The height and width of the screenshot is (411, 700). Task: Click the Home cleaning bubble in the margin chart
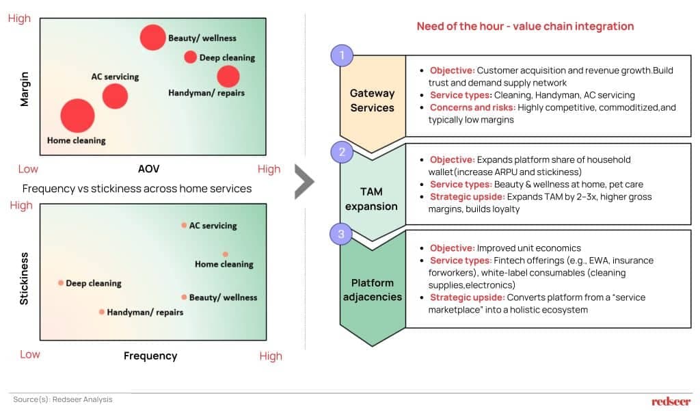click(77, 116)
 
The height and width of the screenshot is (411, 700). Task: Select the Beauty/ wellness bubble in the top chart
click(152, 37)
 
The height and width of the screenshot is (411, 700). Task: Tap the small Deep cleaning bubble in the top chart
click(190, 57)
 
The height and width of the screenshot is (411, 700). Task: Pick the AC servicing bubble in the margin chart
click(115, 96)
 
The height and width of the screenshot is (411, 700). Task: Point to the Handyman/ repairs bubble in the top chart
click(228, 77)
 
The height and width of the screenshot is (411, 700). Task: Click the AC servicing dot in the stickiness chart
click(184, 225)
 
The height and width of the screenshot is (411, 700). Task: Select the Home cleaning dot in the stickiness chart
click(225, 254)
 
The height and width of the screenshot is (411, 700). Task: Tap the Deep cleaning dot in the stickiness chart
click(61, 282)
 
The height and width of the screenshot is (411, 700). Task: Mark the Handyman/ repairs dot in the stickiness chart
click(102, 312)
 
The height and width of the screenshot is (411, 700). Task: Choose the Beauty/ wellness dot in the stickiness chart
click(184, 297)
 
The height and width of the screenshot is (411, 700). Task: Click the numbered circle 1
click(342, 55)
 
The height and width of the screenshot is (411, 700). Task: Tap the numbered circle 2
click(342, 152)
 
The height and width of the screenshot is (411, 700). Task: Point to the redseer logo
click(671, 401)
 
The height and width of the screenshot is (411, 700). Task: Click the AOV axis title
click(148, 168)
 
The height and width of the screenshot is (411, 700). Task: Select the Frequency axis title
click(150, 356)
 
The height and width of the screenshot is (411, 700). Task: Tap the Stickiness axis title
click(25, 278)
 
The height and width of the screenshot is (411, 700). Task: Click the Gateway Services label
click(372, 101)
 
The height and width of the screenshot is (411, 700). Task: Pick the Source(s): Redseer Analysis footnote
click(62, 399)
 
